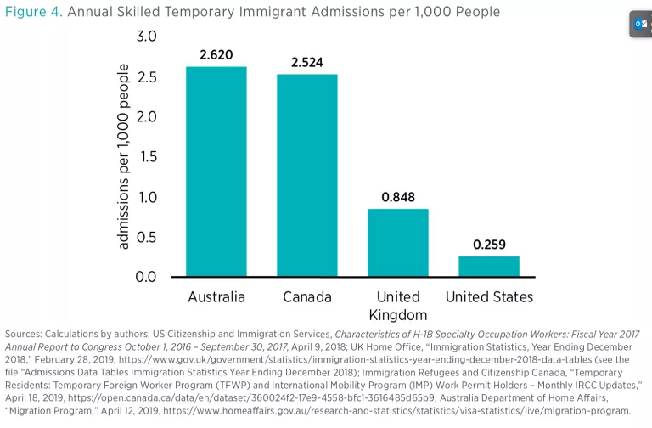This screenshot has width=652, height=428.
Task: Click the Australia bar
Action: (x=216, y=172)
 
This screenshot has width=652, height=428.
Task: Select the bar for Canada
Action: (x=307, y=176)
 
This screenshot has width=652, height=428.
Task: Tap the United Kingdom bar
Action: (x=398, y=243)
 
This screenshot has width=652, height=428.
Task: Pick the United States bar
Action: (x=489, y=266)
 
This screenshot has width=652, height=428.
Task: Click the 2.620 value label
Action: (x=216, y=55)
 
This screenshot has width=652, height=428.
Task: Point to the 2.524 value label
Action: (x=307, y=63)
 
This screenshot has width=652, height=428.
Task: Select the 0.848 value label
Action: (x=398, y=197)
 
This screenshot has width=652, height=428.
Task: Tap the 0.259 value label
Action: (x=489, y=245)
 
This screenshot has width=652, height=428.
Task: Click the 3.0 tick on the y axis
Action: (x=147, y=37)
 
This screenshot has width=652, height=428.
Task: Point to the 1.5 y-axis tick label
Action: (x=147, y=157)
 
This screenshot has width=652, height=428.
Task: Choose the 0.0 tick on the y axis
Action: (x=147, y=277)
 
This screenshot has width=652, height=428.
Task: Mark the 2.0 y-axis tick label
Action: (x=147, y=116)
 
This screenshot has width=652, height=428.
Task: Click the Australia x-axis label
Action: (x=216, y=297)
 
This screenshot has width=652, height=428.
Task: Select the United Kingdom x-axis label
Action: (x=398, y=306)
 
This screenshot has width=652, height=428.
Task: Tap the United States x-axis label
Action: (x=489, y=297)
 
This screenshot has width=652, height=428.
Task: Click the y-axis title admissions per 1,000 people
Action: (x=124, y=156)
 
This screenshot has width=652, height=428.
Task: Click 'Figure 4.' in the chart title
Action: (x=33, y=12)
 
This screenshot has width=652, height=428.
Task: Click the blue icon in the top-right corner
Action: (x=641, y=25)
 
